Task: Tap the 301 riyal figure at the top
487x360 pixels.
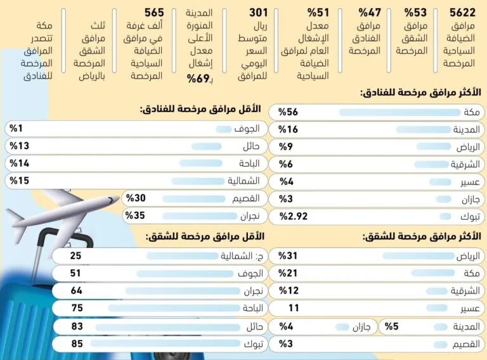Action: click(x=259, y=13)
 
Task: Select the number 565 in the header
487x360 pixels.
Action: click(x=154, y=13)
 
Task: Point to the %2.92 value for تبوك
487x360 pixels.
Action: click(x=293, y=215)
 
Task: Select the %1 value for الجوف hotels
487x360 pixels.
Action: click(x=16, y=129)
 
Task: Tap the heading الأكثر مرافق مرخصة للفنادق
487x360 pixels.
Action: click(x=420, y=93)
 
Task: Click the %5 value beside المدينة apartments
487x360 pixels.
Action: click(x=391, y=326)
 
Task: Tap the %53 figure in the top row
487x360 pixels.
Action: click(x=415, y=13)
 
